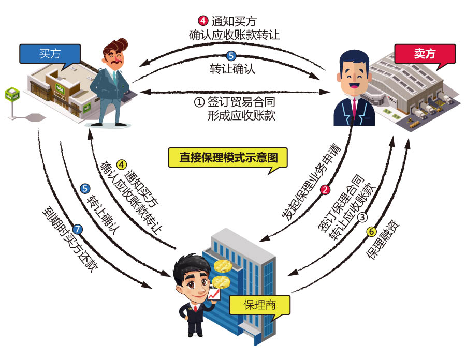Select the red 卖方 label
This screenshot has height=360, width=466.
[425, 53]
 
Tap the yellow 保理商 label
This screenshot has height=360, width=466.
[259, 305]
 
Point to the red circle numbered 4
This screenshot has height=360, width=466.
[203, 21]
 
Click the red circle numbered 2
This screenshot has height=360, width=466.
[325, 189]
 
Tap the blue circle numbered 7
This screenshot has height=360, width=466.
[78, 228]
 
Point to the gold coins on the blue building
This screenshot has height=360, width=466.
[222, 274]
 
